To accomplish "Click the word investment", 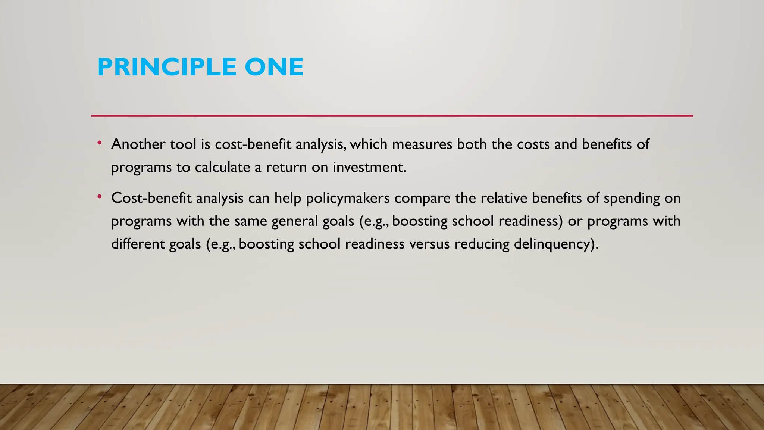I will click(369, 167).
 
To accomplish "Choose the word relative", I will click(504, 198).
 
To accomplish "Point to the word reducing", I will click(482, 244).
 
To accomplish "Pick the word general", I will click(294, 221).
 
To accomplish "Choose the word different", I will click(138, 244).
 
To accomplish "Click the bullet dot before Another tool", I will click(99, 143).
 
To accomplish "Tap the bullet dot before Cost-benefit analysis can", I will click(99, 197).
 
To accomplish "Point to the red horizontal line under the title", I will click(392, 116).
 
